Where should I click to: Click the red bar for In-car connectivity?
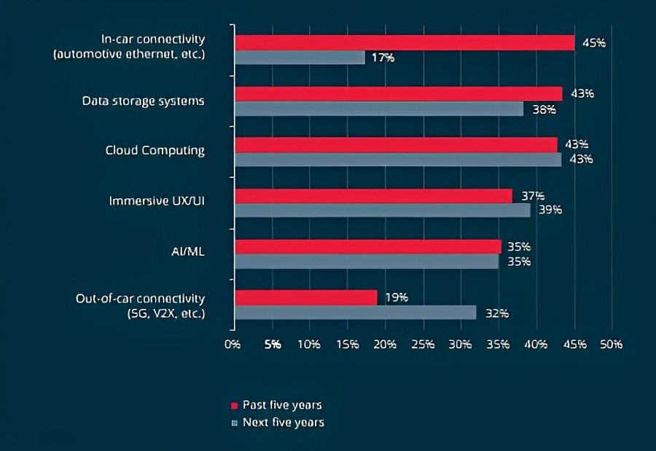pos(404,42)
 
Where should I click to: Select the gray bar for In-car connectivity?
pos(299,57)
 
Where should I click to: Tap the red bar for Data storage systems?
pos(398,93)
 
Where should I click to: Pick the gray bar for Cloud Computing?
pos(397,159)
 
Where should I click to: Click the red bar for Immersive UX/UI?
pos(372,195)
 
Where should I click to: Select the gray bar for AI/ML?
pos(366,261)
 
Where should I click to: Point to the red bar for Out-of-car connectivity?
pos(305,297)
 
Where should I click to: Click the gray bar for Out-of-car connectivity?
pos(354,313)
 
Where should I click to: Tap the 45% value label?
pos(593,42)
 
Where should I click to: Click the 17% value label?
pos(383,57)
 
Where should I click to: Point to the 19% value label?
pos(396,297)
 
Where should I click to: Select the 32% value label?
pos(496,313)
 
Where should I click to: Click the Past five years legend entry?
pos(277,405)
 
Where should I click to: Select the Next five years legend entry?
pos(278,423)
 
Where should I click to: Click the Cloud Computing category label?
pos(155,151)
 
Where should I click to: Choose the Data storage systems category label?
pos(143,101)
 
